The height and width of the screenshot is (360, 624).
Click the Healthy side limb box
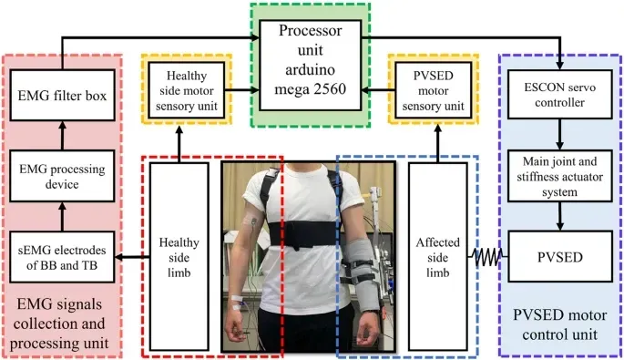180,247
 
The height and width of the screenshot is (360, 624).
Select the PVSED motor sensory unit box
426,87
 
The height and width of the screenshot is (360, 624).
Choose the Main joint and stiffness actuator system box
558,176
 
